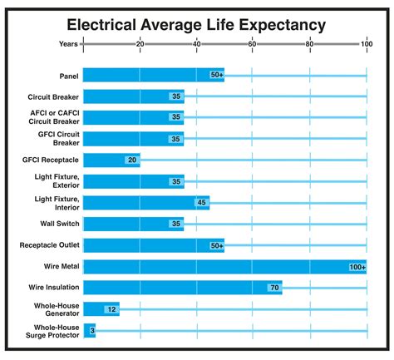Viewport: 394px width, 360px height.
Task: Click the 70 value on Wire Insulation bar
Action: [x=273, y=288]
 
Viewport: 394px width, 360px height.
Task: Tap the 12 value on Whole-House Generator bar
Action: [x=110, y=309]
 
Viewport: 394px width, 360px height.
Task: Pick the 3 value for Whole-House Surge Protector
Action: [x=91, y=331]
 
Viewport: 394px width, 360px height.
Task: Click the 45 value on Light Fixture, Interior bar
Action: [x=200, y=202]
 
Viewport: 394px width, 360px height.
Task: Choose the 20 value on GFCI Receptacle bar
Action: [x=131, y=160]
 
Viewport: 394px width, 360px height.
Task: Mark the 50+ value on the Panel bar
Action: [x=216, y=75]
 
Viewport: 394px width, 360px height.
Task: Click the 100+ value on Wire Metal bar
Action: [x=357, y=266]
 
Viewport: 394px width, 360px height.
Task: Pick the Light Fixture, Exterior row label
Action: [x=56, y=180]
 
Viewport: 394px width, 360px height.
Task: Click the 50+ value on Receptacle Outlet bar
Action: [x=216, y=245]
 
